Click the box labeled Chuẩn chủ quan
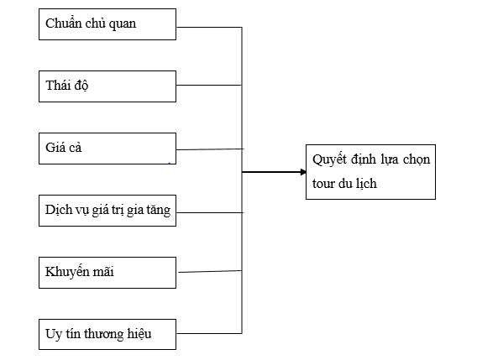(x=107, y=24)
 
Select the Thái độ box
(x=107, y=86)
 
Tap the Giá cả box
(x=107, y=148)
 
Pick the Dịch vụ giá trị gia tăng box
(x=107, y=210)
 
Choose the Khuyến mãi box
(x=107, y=272)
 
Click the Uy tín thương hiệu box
(x=107, y=334)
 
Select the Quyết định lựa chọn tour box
(x=370, y=171)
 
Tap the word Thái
(x=57, y=86)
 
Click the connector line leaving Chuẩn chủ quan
(x=209, y=28)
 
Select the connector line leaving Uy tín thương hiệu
(x=209, y=331)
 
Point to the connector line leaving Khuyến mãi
(x=209, y=270)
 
